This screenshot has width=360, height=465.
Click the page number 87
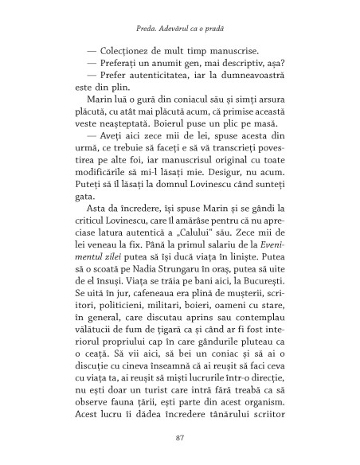tap(180, 437)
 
